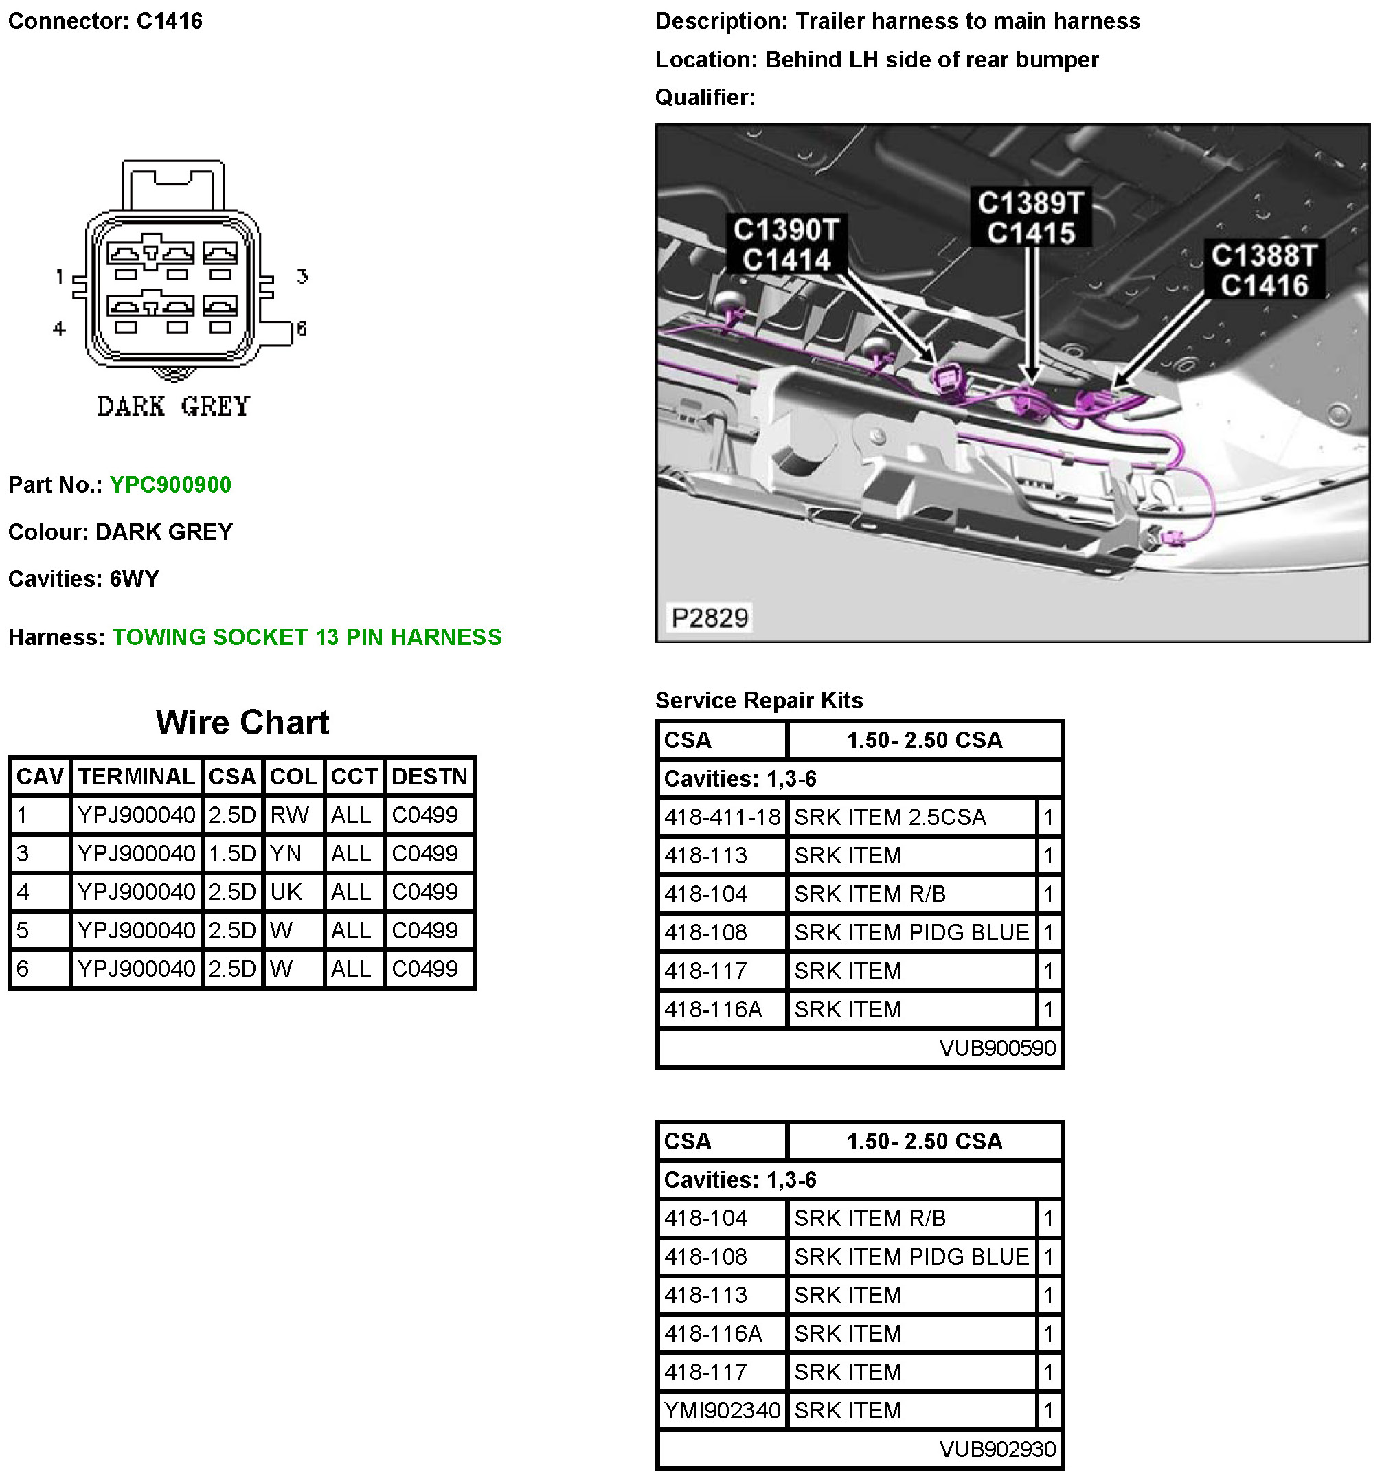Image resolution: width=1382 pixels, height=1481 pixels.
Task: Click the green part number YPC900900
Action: click(x=170, y=485)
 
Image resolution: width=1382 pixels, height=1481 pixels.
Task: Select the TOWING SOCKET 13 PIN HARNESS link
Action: click(x=306, y=637)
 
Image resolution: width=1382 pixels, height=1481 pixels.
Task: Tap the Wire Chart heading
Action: click(x=242, y=723)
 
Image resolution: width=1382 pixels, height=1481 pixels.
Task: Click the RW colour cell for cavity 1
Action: click(x=289, y=815)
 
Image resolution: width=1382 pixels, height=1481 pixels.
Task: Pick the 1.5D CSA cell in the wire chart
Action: click(x=231, y=854)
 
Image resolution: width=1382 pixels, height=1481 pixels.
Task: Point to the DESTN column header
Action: click(x=429, y=777)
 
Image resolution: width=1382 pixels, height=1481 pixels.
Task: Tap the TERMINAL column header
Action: click(x=136, y=777)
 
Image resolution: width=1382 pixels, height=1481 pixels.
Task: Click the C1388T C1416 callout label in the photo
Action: click(x=1264, y=270)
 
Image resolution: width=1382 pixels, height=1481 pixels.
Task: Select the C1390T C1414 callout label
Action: click(x=786, y=245)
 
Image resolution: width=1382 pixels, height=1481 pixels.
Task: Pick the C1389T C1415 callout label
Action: click(x=1031, y=218)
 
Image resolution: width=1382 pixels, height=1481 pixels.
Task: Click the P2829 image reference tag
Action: click(x=710, y=618)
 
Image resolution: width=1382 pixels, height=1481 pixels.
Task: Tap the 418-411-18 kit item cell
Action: click(x=722, y=817)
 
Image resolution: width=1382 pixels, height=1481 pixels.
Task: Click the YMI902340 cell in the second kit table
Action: click(x=722, y=1410)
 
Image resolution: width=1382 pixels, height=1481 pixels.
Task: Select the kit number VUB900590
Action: click(x=997, y=1048)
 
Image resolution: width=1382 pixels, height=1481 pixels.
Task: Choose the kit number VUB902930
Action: click(x=997, y=1449)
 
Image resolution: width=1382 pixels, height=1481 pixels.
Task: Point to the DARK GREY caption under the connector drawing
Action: click(x=174, y=407)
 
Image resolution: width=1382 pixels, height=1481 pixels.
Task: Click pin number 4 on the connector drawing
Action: click(x=60, y=328)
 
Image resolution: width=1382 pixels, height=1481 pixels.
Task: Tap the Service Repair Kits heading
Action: click(x=758, y=700)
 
